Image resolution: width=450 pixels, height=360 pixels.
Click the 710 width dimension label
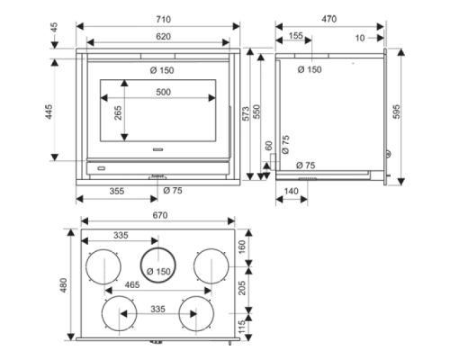tap(163, 20)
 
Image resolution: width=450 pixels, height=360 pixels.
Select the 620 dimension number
tap(163, 37)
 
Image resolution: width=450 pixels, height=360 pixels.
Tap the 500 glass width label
tap(163, 92)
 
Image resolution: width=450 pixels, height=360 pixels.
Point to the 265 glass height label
tap(118, 112)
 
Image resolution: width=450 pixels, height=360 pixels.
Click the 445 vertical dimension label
tap(49, 112)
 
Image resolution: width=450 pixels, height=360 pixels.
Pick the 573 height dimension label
tap(246, 113)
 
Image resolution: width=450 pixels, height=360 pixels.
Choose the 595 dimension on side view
tap(397, 112)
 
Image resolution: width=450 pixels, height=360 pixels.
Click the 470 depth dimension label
tap(329, 19)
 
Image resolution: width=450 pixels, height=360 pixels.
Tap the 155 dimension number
tap(296, 36)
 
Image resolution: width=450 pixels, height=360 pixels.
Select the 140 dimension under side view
tap(291, 191)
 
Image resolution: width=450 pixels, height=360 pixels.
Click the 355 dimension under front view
tap(117, 191)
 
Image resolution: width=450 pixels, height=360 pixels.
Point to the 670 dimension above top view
tap(160, 215)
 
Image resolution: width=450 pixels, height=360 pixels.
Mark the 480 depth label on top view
tap(63, 285)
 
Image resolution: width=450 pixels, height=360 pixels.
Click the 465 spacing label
tap(132, 284)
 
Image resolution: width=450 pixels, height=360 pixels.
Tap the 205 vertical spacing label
tap(241, 288)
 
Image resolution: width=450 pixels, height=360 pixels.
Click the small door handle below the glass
tap(157, 149)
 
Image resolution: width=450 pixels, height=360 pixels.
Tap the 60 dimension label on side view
tap(269, 146)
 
